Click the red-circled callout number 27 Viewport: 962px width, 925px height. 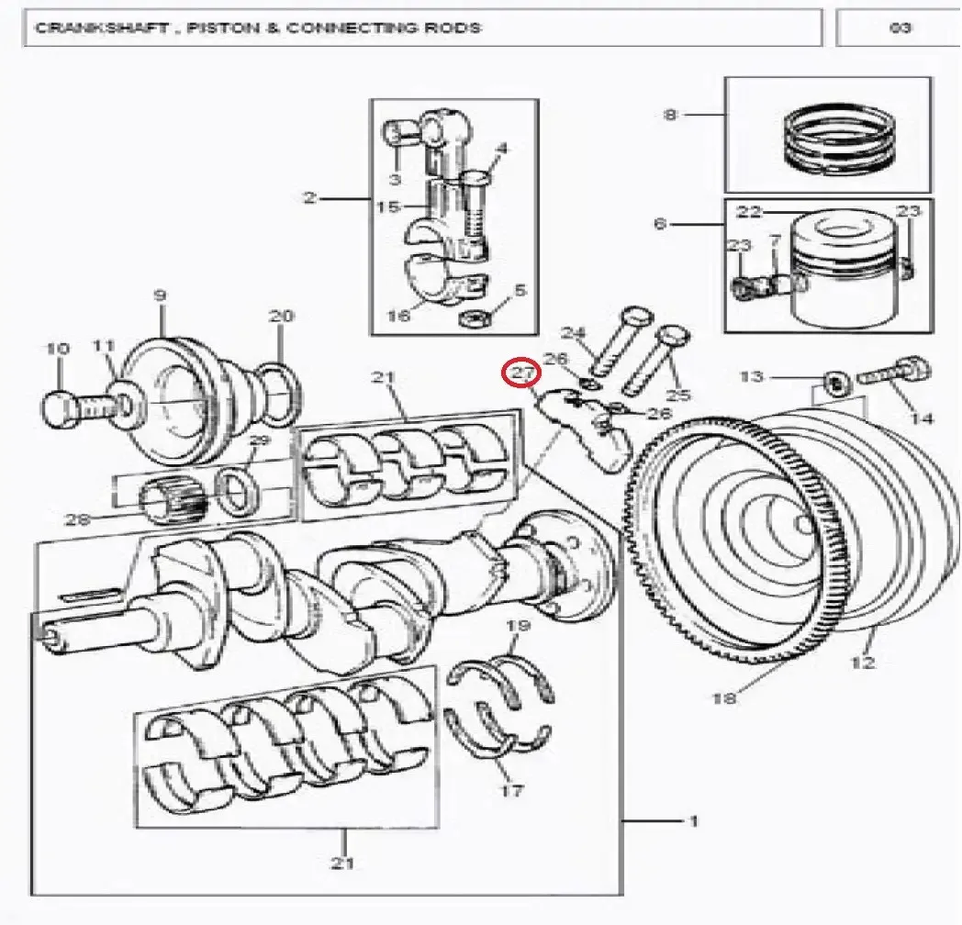point(520,373)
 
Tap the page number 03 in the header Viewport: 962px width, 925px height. point(900,28)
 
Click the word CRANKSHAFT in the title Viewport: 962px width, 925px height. point(101,28)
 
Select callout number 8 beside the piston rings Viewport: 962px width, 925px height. point(671,115)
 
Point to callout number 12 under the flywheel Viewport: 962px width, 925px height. point(862,663)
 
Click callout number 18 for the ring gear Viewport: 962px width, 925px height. point(723,697)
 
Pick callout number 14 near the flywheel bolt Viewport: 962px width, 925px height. point(922,418)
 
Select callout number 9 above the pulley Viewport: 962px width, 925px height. point(160,295)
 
